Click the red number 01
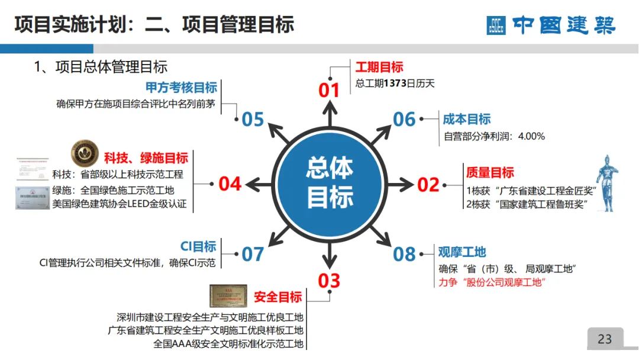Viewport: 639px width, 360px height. tap(329, 90)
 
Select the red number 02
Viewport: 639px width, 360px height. tap(428, 184)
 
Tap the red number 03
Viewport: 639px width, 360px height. tap(329, 280)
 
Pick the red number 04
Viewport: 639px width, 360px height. tap(230, 184)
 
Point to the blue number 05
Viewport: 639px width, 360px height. tap(253, 120)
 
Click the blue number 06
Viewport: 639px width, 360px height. tap(405, 120)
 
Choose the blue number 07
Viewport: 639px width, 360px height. tap(253, 254)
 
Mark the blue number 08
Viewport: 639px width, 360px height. tap(405, 254)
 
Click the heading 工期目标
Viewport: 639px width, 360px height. tap(379, 67)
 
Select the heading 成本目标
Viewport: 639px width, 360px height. tap(467, 120)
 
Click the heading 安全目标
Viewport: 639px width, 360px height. tap(278, 297)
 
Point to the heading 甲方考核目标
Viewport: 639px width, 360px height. tap(182, 88)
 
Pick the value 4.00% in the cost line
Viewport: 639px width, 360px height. tap(531, 136)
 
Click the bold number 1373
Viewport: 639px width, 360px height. tap(395, 83)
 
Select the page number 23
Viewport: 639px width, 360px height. tap(605, 339)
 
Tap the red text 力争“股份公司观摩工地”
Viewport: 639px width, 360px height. tap(491, 282)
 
